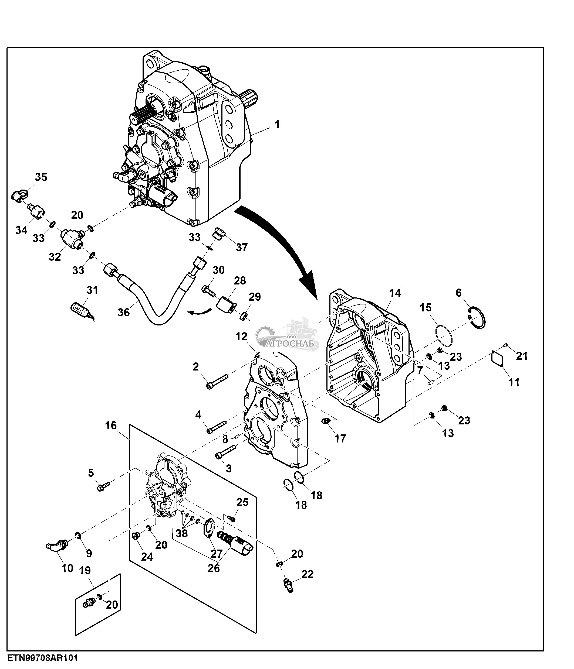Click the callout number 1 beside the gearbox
277,125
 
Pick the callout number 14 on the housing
395,293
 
